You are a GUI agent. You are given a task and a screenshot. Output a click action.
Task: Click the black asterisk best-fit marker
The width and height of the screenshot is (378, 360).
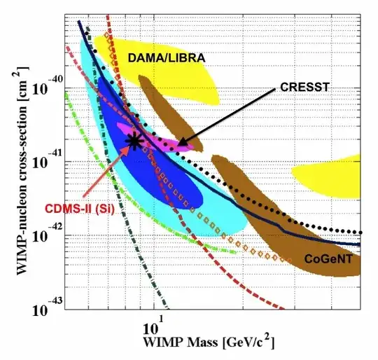pos(134,141)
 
